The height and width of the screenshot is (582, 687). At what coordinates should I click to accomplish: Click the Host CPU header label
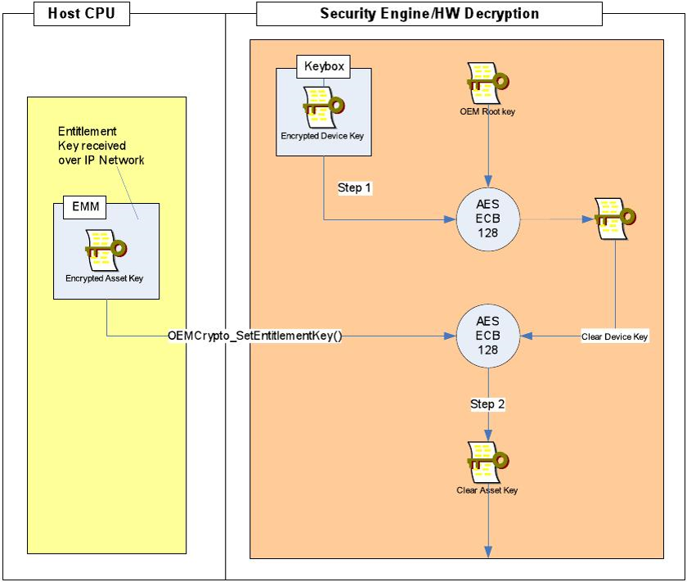click(x=80, y=13)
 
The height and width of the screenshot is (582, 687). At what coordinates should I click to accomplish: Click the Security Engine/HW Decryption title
click(x=429, y=13)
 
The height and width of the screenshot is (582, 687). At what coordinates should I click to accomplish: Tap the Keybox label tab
click(x=324, y=66)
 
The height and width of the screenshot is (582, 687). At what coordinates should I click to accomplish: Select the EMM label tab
click(x=86, y=208)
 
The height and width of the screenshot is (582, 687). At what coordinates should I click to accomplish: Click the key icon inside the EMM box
click(x=106, y=249)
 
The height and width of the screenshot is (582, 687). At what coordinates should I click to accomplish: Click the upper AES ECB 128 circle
click(x=488, y=219)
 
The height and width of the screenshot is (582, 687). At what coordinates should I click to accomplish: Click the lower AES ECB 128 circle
click(x=488, y=336)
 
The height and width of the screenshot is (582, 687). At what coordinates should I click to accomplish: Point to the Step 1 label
click(x=355, y=187)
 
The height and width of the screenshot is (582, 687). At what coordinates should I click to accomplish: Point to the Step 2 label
click(x=487, y=404)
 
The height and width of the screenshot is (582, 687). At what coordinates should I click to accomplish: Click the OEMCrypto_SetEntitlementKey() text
click(x=254, y=336)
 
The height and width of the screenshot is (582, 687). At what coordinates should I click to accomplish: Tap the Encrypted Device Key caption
click(x=323, y=136)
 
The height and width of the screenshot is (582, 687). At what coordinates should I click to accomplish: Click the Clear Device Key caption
click(x=615, y=336)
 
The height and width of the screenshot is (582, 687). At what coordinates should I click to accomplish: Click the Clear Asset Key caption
click(x=487, y=490)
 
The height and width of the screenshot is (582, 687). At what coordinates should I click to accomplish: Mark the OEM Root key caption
click(x=487, y=111)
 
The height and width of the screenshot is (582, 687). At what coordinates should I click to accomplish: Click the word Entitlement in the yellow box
click(x=87, y=131)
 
